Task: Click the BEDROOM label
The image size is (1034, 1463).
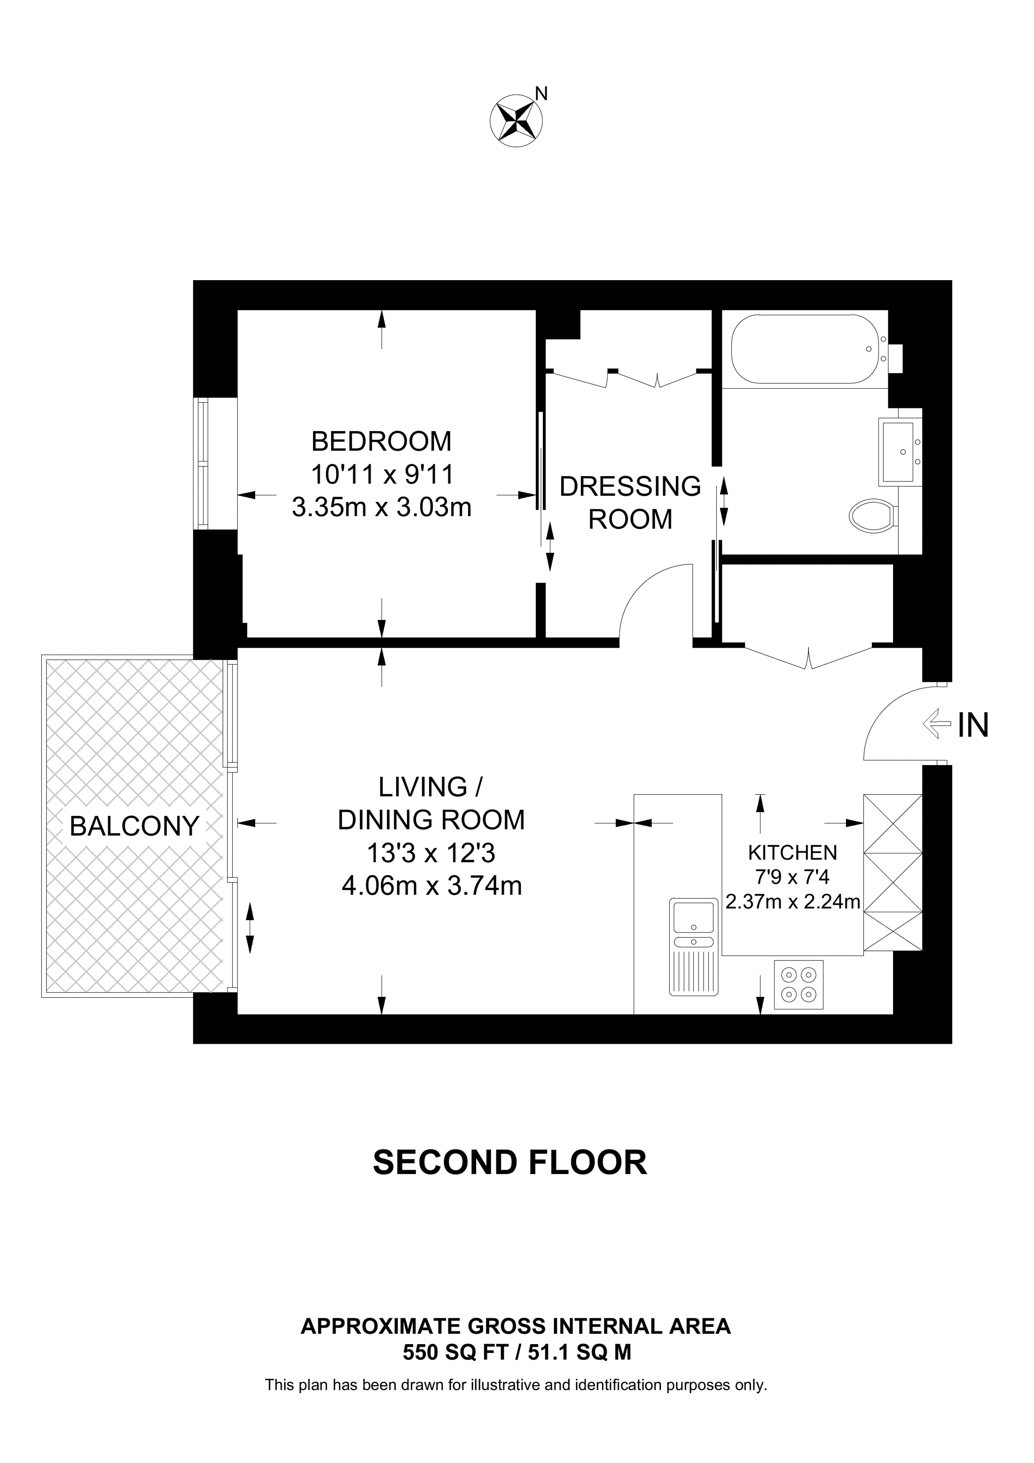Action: point(381,441)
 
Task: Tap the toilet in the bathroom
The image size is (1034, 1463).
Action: point(872,516)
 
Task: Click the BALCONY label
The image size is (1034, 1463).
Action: point(134,827)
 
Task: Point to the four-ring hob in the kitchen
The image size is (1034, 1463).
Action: point(798,985)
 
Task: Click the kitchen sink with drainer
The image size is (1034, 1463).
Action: point(694,946)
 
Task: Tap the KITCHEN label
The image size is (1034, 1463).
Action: point(792,852)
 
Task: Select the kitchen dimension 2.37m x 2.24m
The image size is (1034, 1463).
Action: point(792,902)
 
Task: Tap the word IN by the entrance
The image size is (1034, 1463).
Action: point(973,725)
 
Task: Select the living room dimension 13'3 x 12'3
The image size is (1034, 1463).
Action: point(431,853)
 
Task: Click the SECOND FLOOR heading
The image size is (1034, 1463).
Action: point(509,1162)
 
